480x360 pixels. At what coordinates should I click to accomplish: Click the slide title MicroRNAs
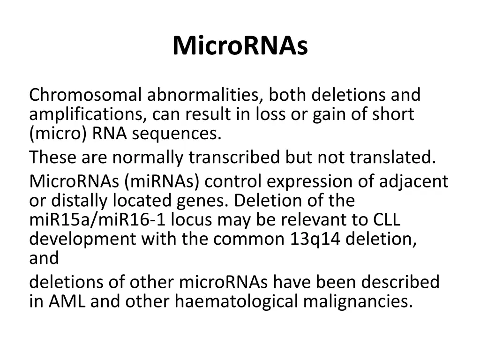coord(240,46)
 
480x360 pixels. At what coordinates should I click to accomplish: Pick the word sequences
coord(176,134)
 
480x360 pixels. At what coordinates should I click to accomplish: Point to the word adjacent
coord(412,181)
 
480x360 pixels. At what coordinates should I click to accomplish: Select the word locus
coord(192,220)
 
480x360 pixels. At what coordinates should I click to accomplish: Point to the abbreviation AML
coord(66,301)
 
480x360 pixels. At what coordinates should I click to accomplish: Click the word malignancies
coord(358,301)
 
